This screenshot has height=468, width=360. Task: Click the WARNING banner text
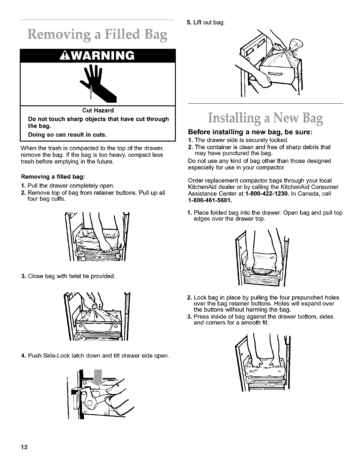(x=97, y=55)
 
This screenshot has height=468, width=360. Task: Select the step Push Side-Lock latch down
(x=98, y=355)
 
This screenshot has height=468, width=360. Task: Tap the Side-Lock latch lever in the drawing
(x=89, y=396)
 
